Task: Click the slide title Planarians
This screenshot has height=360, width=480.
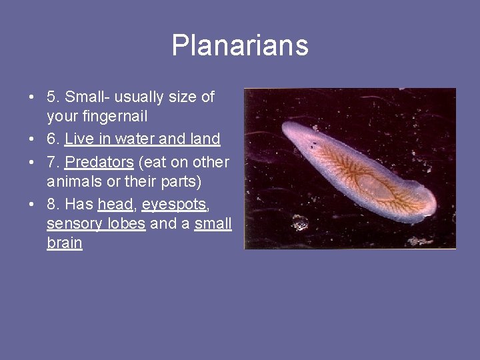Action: [x=240, y=45]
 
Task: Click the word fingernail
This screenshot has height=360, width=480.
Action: [x=97, y=117]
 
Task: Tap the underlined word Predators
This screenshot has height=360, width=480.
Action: [x=99, y=162]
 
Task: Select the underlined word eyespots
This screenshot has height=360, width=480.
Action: [x=173, y=205]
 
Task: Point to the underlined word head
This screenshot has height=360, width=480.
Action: [x=115, y=205]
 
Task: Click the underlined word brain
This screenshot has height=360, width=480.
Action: [x=64, y=243]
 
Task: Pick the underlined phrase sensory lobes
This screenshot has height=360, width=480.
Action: [x=95, y=223]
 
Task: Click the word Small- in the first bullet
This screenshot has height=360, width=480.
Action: [x=87, y=97]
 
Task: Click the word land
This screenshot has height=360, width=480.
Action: [x=205, y=139]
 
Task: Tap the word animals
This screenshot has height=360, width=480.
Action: [x=71, y=181]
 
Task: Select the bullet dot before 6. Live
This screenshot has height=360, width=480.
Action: [x=32, y=139]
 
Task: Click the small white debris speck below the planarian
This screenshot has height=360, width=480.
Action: [x=300, y=222]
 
